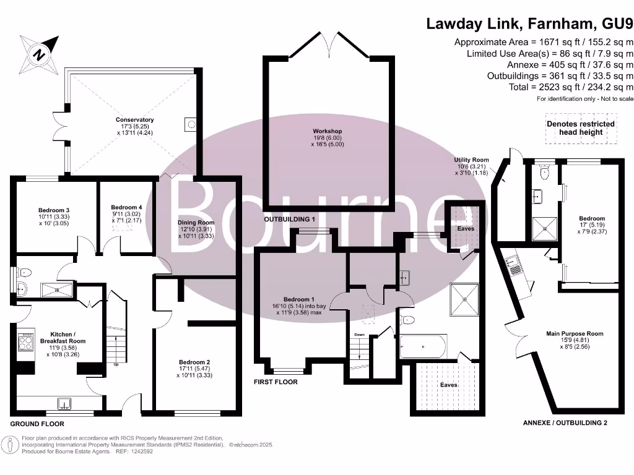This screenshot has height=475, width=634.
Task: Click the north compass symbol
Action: point(39,54)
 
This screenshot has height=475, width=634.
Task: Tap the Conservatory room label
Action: point(134,120)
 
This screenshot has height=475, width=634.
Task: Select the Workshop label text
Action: point(327,131)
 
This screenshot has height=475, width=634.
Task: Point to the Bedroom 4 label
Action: point(126,207)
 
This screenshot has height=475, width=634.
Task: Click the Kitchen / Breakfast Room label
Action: point(63,337)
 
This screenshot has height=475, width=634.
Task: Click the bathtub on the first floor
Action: point(423,346)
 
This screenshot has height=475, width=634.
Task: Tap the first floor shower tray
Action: point(465,299)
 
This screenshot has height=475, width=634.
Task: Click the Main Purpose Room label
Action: point(574,334)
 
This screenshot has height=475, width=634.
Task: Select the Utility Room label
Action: point(471,160)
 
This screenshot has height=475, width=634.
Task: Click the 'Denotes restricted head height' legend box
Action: point(580,127)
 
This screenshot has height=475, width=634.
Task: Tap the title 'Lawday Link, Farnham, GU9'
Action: point(530,24)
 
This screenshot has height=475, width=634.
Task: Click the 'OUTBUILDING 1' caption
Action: point(290,220)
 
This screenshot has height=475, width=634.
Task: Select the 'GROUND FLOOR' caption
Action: point(37,424)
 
